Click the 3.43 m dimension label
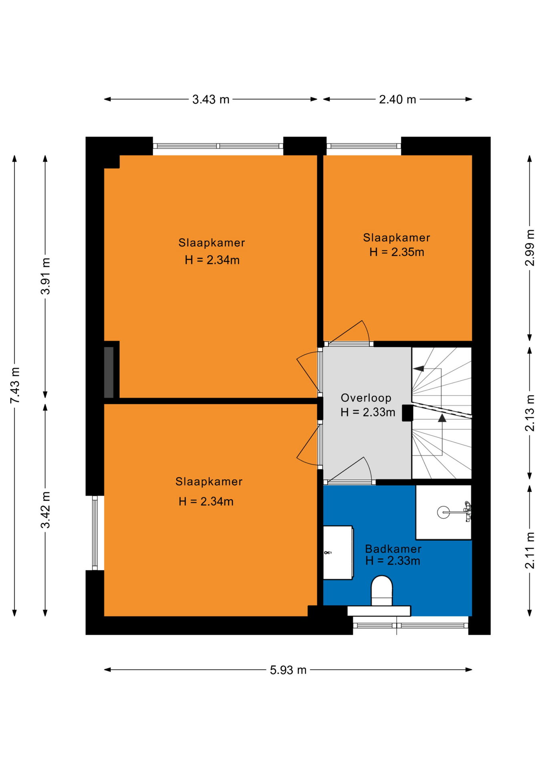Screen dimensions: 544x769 click(x=211, y=99)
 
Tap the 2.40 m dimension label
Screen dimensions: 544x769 click(x=397, y=99)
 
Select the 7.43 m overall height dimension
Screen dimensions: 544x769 click(x=15, y=385)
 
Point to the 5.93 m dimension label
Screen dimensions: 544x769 click(x=288, y=670)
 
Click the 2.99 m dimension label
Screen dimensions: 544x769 click(x=530, y=248)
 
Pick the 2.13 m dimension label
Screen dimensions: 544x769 click(x=530, y=413)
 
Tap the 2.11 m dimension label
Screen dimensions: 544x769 click(x=530, y=550)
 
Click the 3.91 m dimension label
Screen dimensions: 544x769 click(x=46, y=276)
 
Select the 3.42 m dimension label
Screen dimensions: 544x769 click(x=46, y=510)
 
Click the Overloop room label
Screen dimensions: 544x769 click(x=366, y=398)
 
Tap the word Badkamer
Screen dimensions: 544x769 click(x=393, y=549)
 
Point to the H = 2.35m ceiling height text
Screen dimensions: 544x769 click(x=397, y=252)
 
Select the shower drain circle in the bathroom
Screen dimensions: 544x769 click(x=443, y=512)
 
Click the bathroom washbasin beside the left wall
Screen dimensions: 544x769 click(x=338, y=552)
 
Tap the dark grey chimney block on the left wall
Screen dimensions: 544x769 click(x=109, y=372)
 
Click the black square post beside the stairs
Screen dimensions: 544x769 click(x=407, y=413)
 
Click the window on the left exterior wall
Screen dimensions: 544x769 click(x=95, y=533)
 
